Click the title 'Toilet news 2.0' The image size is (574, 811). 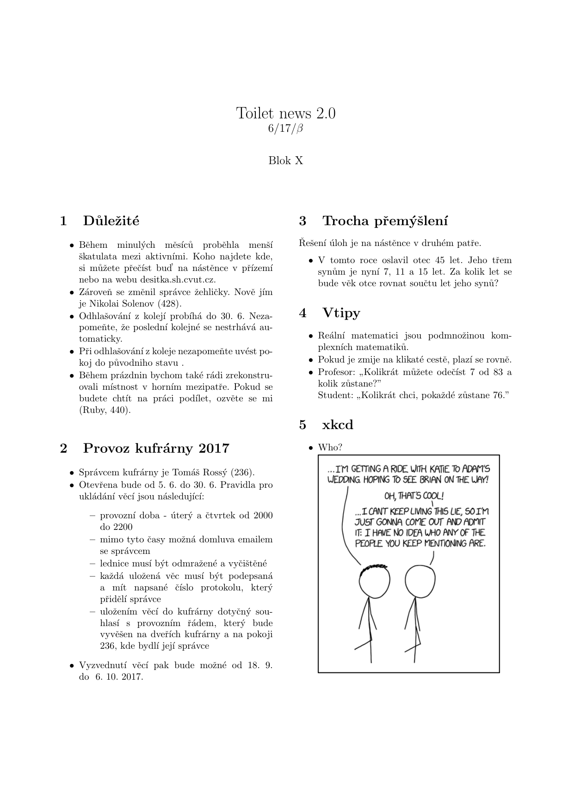tap(286, 112)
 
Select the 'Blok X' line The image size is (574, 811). tap(286, 160)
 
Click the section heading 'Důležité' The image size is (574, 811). tap(111, 221)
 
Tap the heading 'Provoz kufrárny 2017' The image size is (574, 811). tap(156, 448)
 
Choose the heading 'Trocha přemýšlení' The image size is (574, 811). tap(385, 221)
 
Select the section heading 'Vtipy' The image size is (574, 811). tap(341, 313)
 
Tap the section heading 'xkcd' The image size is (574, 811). tap(337, 424)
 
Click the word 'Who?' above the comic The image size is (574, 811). tap(330, 448)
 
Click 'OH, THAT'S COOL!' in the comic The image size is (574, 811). tap(414, 496)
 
